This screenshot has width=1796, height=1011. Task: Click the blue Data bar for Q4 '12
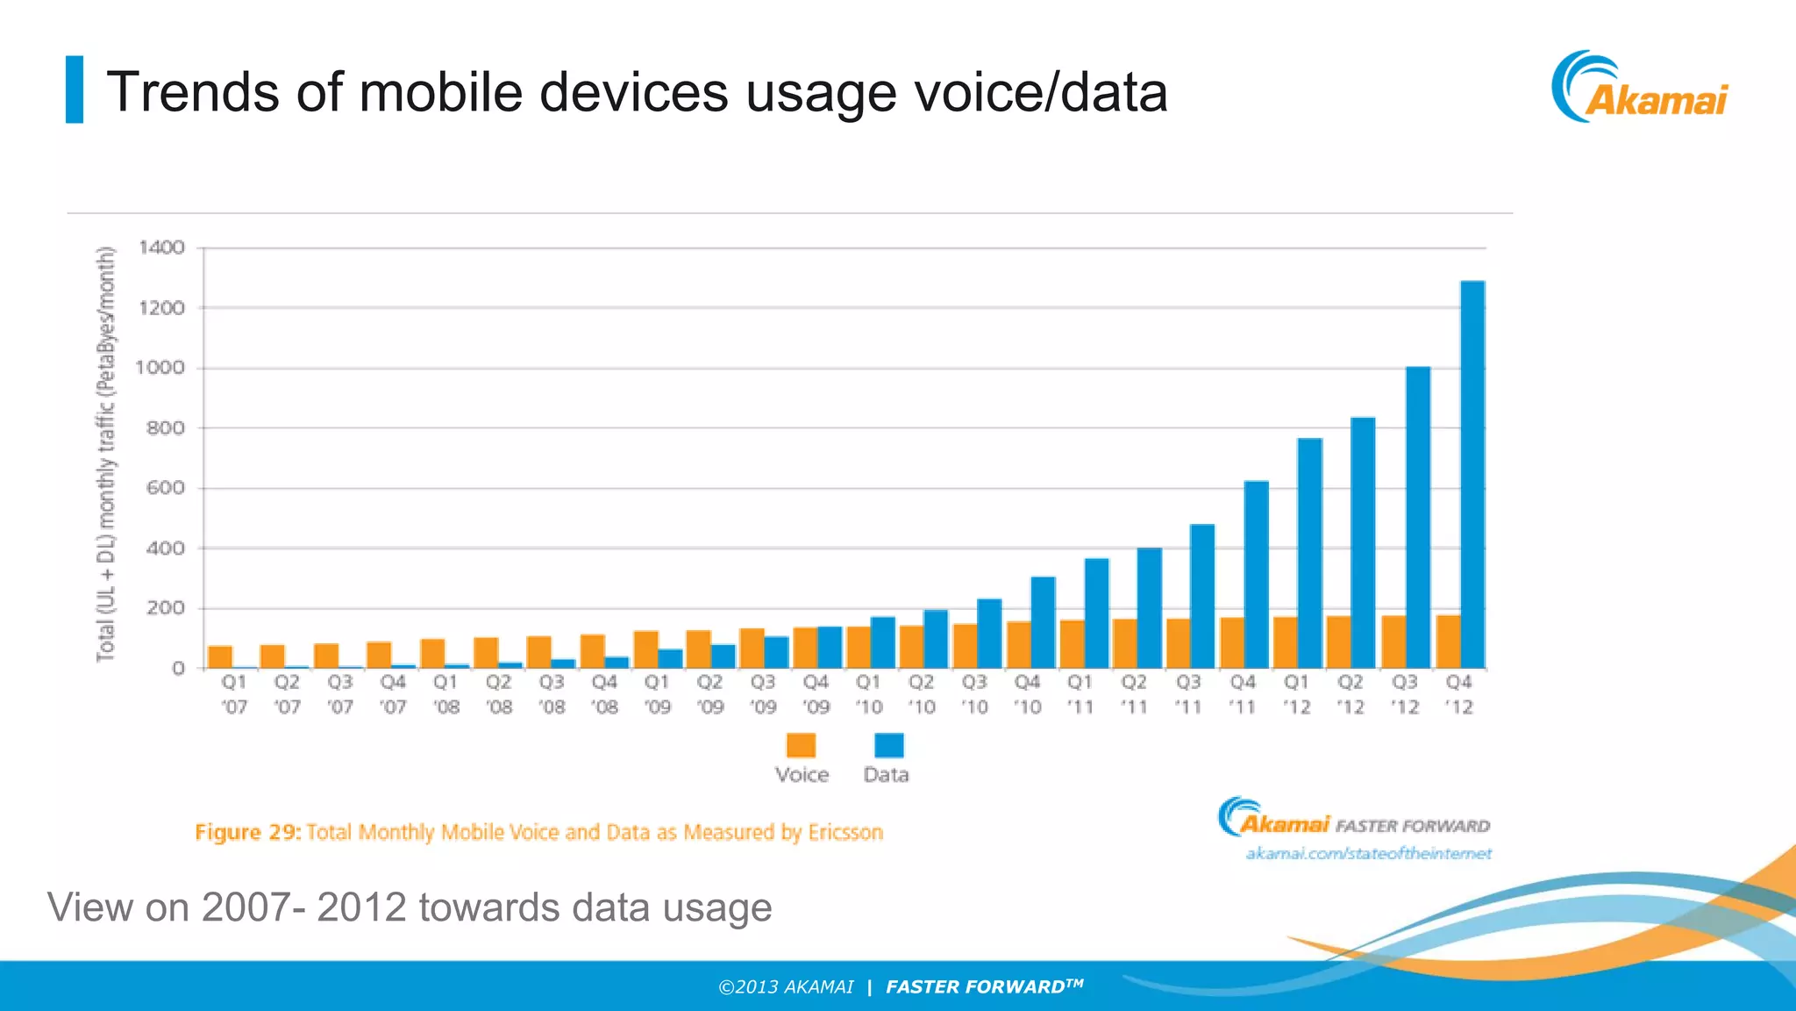[x=1472, y=474]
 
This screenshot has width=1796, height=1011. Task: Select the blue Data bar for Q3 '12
[x=1418, y=518]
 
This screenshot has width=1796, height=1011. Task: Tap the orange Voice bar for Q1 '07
[x=220, y=656]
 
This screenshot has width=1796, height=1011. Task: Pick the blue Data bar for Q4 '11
[x=1256, y=575]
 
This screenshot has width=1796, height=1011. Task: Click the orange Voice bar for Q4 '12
[x=1449, y=642]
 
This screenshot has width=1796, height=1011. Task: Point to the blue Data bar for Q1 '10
[x=882, y=642]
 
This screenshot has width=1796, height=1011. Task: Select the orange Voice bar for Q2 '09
[x=699, y=649]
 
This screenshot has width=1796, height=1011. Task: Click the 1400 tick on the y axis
[x=162, y=247]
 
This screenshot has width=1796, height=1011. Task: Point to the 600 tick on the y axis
[x=166, y=488]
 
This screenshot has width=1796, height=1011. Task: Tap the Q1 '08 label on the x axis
[x=446, y=694]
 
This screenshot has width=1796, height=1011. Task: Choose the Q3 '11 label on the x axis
[x=1188, y=694]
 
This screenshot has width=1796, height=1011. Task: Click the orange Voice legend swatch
[x=801, y=745]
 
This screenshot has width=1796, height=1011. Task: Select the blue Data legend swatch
[x=888, y=745]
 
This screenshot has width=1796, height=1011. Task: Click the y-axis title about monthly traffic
[x=106, y=454]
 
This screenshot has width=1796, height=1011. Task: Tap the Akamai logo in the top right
[x=1640, y=88]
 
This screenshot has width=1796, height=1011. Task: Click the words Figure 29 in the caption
[x=247, y=832]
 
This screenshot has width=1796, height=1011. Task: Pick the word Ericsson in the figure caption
[x=845, y=832]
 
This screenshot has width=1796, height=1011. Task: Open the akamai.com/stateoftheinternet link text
[x=1368, y=853]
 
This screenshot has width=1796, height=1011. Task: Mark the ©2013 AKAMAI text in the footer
[x=786, y=987]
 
